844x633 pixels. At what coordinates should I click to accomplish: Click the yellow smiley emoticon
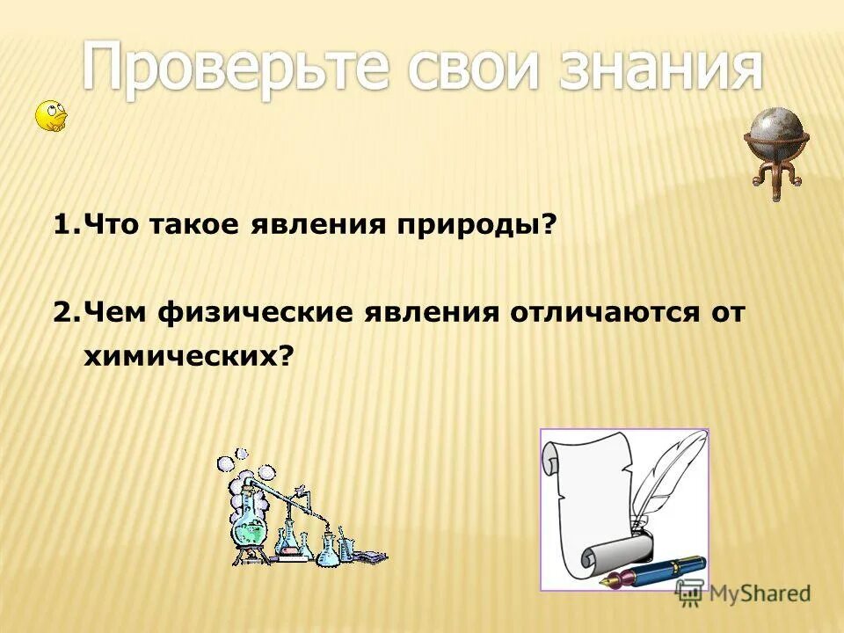pos(50,116)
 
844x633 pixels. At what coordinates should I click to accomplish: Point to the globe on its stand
pos(775,132)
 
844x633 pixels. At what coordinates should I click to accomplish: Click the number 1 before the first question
pos(60,226)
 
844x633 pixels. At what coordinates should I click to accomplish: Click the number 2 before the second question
pos(61,313)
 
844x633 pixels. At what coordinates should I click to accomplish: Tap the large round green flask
pos(249,527)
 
